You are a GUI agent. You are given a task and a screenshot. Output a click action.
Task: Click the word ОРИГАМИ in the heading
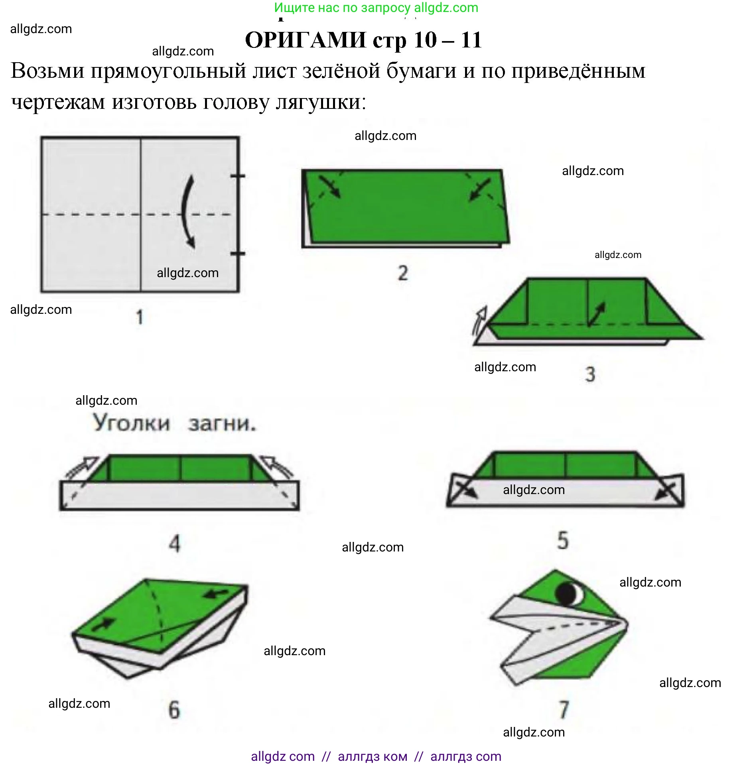306,40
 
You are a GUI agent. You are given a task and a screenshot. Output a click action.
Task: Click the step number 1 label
139,317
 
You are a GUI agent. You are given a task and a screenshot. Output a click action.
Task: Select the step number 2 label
403,273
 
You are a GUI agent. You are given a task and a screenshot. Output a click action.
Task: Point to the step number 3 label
590,374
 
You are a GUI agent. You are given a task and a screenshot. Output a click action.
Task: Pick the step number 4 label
175,543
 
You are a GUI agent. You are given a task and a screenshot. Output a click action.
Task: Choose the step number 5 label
563,540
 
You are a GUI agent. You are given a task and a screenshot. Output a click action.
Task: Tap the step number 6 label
174,710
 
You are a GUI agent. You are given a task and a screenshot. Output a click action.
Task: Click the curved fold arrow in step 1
184,211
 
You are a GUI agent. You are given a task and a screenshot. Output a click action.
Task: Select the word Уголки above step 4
132,423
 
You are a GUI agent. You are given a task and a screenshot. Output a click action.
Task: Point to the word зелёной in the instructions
341,71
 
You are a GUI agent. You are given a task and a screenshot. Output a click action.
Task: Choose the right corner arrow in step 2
480,189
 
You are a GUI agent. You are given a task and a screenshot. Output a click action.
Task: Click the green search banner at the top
376,8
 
